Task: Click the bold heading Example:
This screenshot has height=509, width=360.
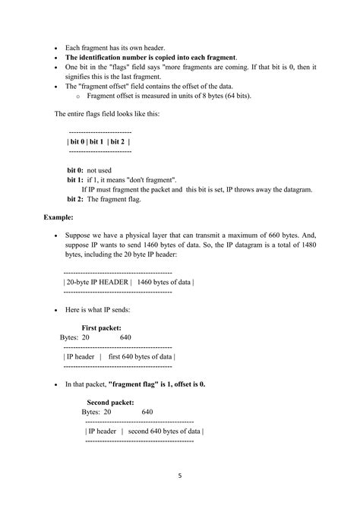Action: click(x=58, y=217)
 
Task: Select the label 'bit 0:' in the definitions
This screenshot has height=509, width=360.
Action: click(x=76, y=171)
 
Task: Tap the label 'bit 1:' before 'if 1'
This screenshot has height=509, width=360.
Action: click(x=76, y=180)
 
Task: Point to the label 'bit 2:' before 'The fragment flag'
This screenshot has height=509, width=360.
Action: click(x=76, y=199)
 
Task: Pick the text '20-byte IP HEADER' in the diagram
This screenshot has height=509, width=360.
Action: click(x=99, y=282)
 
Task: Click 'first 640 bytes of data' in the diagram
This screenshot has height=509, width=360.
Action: click(x=142, y=356)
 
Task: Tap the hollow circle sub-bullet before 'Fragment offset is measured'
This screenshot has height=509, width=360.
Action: click(x=78, y=97)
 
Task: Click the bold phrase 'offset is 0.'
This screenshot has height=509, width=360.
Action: click(x=188, y=384)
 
